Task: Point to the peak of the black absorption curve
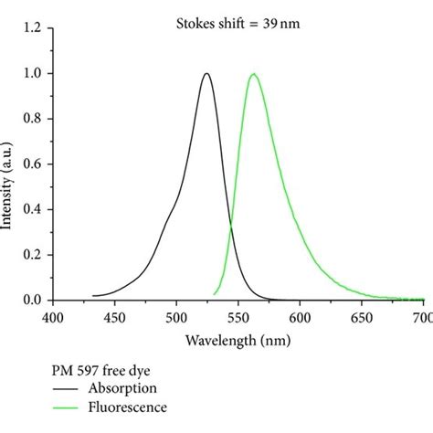(206, 74)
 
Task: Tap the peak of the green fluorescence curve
(253, 74)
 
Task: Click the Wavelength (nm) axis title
(239, 341)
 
